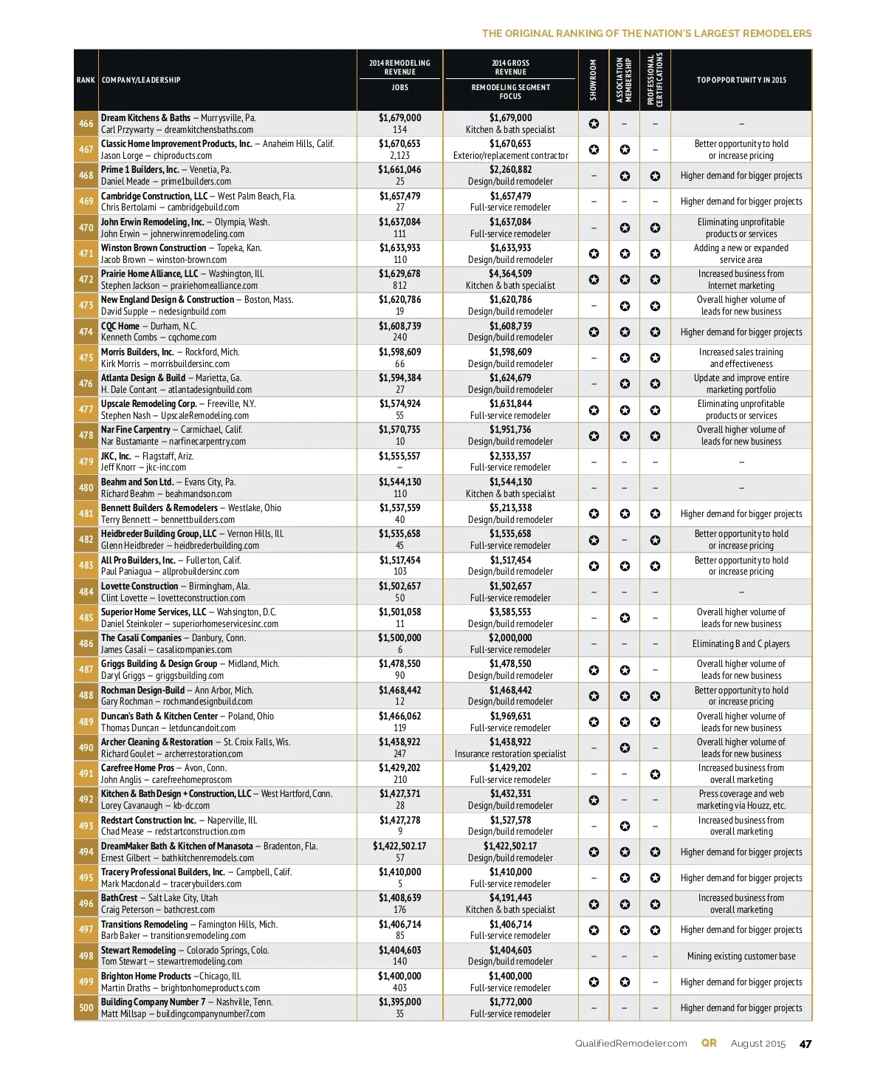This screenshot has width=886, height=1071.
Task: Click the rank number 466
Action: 86,123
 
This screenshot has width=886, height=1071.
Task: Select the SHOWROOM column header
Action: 594,80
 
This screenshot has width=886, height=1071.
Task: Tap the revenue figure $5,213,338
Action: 510,508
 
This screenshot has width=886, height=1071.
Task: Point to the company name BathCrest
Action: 120,898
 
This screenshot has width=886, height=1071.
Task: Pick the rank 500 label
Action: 86,1007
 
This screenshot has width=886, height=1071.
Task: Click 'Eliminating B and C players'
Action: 741,644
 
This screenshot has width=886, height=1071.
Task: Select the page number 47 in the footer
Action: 805,1044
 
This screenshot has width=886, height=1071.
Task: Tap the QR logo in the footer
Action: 709,1043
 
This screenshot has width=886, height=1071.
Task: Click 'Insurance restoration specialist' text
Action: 510,754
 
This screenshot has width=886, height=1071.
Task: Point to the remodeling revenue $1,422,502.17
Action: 399,846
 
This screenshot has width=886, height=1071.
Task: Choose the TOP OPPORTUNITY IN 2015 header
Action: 741,80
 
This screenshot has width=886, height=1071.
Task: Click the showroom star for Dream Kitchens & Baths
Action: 594,124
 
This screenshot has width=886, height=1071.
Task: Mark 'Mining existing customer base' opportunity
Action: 741,956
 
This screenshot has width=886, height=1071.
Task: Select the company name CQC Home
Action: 120,326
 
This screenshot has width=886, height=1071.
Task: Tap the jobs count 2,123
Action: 399,156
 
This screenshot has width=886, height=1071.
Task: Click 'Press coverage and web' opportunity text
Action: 741,794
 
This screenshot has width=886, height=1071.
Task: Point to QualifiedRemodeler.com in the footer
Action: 631,1044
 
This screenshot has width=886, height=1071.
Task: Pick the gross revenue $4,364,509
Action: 510,274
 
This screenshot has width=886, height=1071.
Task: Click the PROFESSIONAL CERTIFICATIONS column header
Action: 655,80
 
